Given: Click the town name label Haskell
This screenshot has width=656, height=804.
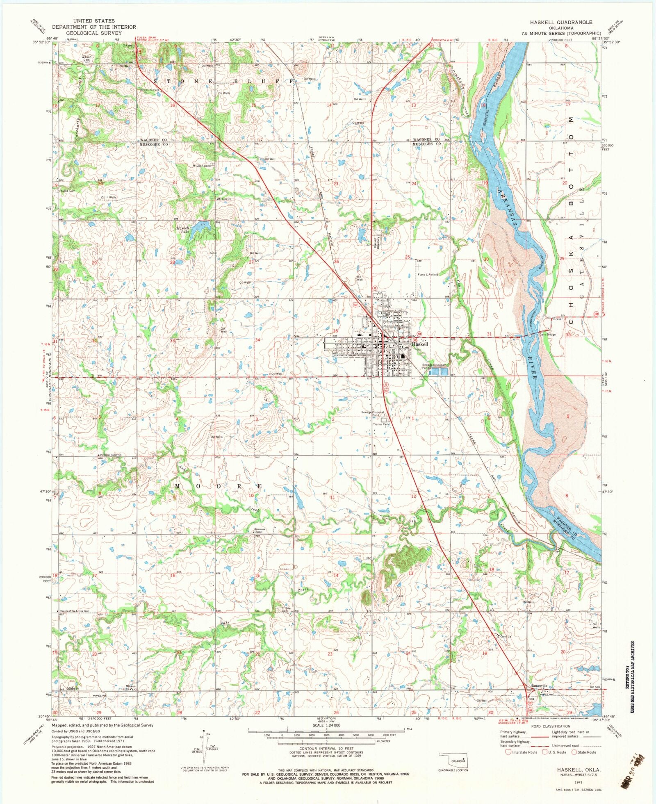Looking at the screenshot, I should [420, 344].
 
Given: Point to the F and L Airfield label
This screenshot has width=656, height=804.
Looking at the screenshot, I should [428, 274].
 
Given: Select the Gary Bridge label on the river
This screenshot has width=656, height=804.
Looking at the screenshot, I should [547, 335].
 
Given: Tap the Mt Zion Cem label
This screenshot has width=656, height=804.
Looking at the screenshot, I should [202, 166].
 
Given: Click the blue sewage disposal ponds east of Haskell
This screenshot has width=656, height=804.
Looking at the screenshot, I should [439, 371].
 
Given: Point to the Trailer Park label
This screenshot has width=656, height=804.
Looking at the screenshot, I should [381, 424].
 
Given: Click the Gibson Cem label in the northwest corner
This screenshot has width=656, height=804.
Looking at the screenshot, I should [86, 58].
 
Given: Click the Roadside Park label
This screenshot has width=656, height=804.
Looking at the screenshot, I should [148, 91].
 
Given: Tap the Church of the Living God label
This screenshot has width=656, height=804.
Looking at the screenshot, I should [74, 611].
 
